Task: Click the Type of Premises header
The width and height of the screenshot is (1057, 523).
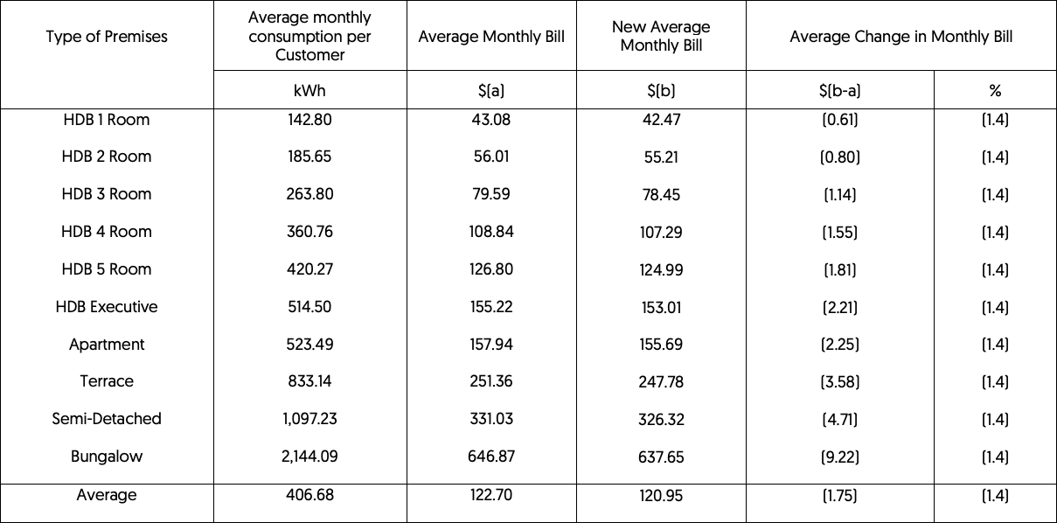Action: coord(107,37)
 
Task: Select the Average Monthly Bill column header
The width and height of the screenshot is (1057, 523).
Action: coord(491,37)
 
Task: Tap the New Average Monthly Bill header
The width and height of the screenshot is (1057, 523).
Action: coord(661,37)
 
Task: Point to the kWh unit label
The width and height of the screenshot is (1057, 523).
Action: coord(309,90)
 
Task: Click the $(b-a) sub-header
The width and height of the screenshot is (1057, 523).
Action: coord(839,90)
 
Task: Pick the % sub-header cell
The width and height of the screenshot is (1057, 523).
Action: coord(995,90)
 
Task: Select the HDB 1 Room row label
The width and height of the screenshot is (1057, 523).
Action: coord(107,120)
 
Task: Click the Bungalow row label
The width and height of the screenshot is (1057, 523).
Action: coord(107,457)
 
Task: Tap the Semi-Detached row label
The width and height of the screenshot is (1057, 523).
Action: coord(107,419)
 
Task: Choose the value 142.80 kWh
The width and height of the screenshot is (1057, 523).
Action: coord(309,120)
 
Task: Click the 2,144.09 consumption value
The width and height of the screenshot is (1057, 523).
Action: coord(309,457)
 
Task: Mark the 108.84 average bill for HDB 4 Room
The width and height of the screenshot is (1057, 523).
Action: coord(491,232)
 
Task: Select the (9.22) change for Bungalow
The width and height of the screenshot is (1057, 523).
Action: coord(839,457)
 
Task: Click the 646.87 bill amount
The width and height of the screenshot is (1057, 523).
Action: coord(491,457)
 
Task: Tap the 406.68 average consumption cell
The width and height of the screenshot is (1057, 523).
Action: coord(309,495)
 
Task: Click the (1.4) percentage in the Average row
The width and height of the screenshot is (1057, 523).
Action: coord(995,496)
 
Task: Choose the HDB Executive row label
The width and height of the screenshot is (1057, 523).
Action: coord(107,307)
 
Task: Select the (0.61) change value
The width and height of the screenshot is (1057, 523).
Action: coord(839,120)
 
